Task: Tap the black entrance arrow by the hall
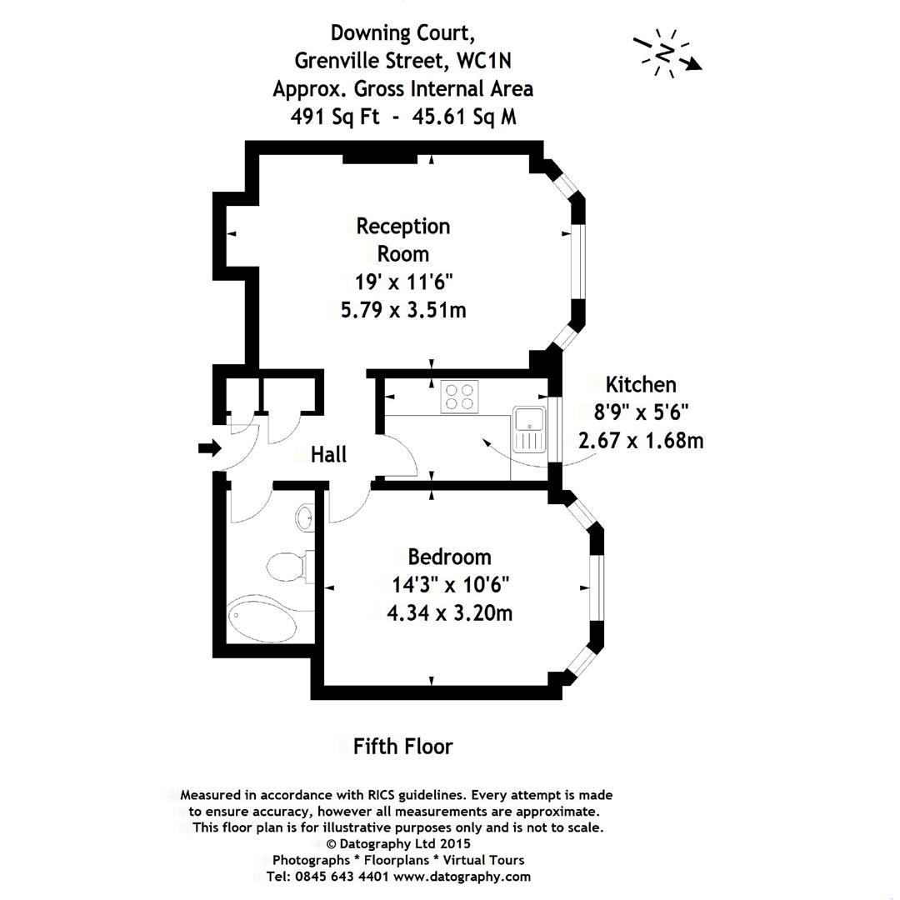[209, 449]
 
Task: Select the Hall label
[328, 454]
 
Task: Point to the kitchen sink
[527, 428]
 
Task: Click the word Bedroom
[449, 557]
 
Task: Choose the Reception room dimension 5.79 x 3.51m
[404, 310]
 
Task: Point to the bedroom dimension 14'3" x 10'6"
[450, 584]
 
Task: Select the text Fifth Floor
[402, 746]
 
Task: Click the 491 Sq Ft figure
[335, 117]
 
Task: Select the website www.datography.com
[462, 876]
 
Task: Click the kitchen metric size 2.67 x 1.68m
[641, 439]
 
